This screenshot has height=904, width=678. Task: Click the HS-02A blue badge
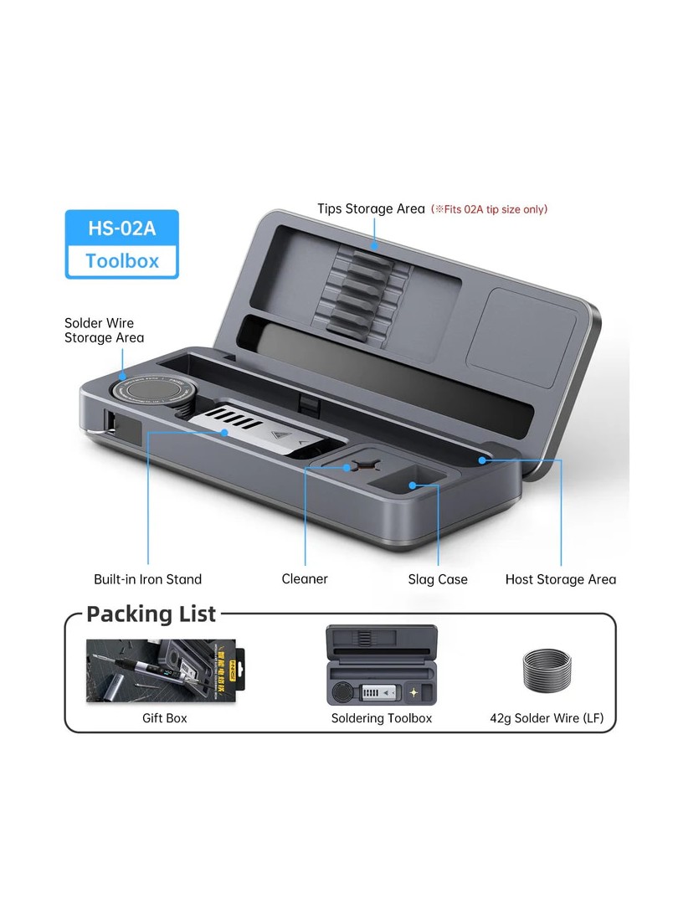(x=122, y=229)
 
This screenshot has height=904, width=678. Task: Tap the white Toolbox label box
(x=122, y=260)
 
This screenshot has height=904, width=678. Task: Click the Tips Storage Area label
(x=371, y=208)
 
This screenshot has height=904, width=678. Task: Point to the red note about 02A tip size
(x=490, y=209)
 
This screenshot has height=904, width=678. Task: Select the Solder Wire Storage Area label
(x=104, y=330)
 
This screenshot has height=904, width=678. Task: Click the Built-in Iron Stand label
(x=147, y=579)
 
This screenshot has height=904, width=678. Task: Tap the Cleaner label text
(x=305, y=579)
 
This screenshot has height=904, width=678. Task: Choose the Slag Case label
(x=438, y=579)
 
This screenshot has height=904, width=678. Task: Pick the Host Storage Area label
(x=560, y=579)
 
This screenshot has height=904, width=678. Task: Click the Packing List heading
(x=152, y=614)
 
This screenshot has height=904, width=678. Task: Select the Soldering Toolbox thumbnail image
(x=381, y=666)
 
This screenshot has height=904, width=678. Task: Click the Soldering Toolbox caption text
(x=382, y=718)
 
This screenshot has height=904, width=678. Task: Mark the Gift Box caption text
(x=165, y=718)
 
